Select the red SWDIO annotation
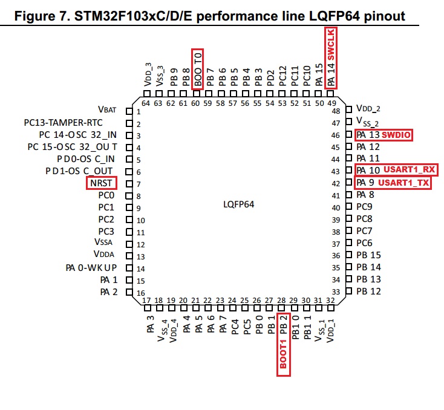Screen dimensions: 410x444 coord(396,134)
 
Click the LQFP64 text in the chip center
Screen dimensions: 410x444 coord(239,204)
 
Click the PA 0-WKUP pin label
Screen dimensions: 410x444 coord(91,268)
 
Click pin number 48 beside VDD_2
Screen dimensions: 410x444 coord(336,111)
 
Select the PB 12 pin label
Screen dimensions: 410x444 coord(368,292)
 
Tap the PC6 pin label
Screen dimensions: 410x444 coord(364,243)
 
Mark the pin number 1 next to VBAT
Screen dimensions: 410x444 coord(139,111)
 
